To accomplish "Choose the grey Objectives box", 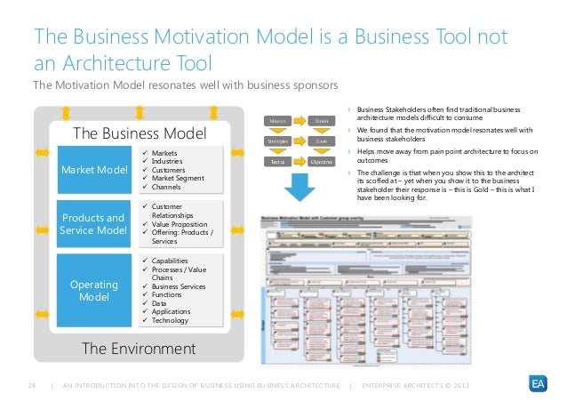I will [x=322, y=163].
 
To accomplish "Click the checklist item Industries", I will [x=168, y=161].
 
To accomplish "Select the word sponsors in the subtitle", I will [x=314, y=85].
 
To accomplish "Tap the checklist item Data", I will [x=160, y=303].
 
